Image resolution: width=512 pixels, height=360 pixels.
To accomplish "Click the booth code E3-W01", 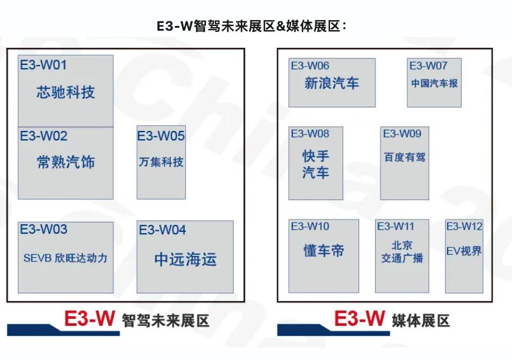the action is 44,65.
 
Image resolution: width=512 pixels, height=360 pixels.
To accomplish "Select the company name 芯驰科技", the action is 66,92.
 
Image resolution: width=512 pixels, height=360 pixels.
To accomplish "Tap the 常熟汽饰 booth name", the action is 66,162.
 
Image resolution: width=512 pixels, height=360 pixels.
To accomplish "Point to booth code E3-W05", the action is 161,136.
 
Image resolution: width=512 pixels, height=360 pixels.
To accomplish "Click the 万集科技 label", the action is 161,162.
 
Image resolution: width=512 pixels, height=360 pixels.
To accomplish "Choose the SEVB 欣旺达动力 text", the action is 66,258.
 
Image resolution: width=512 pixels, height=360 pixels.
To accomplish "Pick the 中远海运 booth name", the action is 185,260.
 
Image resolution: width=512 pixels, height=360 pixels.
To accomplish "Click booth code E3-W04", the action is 162,230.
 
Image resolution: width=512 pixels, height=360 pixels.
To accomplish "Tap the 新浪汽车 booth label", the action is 332,83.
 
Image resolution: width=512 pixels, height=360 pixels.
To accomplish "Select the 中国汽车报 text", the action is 434,83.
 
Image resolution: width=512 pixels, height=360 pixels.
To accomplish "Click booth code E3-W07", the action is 428,66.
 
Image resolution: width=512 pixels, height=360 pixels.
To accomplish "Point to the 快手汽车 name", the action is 316,164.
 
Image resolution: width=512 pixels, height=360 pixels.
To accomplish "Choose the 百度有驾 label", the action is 405,157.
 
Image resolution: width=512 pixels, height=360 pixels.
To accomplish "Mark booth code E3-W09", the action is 402,133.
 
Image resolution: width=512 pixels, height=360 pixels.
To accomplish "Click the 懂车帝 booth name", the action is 324,251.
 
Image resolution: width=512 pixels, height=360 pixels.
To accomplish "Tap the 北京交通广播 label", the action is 402,251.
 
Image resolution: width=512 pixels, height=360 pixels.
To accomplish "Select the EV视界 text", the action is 464,251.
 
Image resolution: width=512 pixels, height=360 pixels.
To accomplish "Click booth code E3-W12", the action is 464,226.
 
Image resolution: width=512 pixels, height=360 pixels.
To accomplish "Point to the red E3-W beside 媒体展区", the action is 360,318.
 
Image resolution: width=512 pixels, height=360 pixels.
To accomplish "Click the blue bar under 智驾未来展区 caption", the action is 63,330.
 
